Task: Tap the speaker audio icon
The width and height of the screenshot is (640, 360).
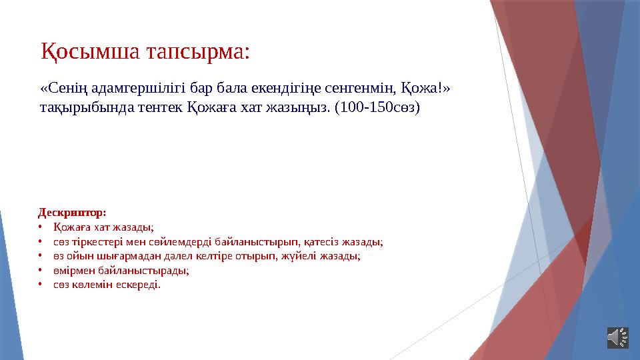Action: [617, 337]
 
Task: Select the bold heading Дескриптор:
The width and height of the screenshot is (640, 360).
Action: [71, 213]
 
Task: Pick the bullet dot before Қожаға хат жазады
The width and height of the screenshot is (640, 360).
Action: [40, 227]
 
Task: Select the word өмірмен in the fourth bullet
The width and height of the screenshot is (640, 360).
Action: [73, 271]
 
